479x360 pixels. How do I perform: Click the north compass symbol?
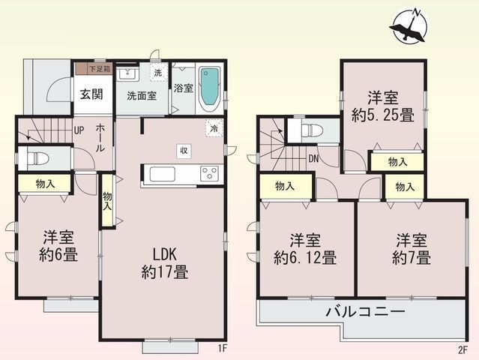pyautogui.click(x=409, y=27)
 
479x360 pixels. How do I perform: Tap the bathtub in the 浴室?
pyautogui.click(x=209, y=90)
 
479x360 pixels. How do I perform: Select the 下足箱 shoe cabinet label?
pyautogui.click(x=100, y=69)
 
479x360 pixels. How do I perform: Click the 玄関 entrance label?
pyautogui.click(x=91, y=94)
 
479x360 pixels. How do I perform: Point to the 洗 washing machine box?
pyautogui.click(x=159, y=73)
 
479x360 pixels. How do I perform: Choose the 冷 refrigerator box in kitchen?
pyautogui.click(x=214, y=128)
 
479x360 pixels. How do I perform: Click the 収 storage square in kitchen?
pyautogui.click(x=184, y=151)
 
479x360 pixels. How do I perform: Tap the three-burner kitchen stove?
pyautogui.click(x=209, y=173)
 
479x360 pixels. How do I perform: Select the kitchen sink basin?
pyautogui.click(x=163, y=175)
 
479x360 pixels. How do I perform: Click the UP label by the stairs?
pyautogui.click(x=79, y=130)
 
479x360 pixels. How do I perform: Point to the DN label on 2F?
pyautogui.click(x=313, y=158)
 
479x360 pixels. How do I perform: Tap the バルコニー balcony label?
pyautogui.click(x=366, y=312)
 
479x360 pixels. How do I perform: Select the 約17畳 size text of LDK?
pyautogui.click(x=165, y=271)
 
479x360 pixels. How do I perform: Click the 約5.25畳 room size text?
pyautogui.click(x=383, y=115)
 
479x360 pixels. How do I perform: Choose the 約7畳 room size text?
pyautogui.click(x=412, y=257)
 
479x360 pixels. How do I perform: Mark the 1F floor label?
pyautogui.click(x=223, y=349)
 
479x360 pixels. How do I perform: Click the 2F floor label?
pyautogui.click(x=463, y=349)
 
